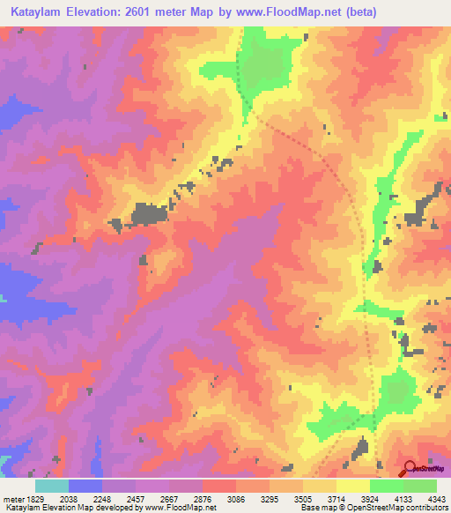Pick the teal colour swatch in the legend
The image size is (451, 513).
click(52, 486)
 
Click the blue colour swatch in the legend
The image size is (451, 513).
click(85, 486)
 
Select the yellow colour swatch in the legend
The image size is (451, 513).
click(353, 486)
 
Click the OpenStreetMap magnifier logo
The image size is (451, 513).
click(410, 469)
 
